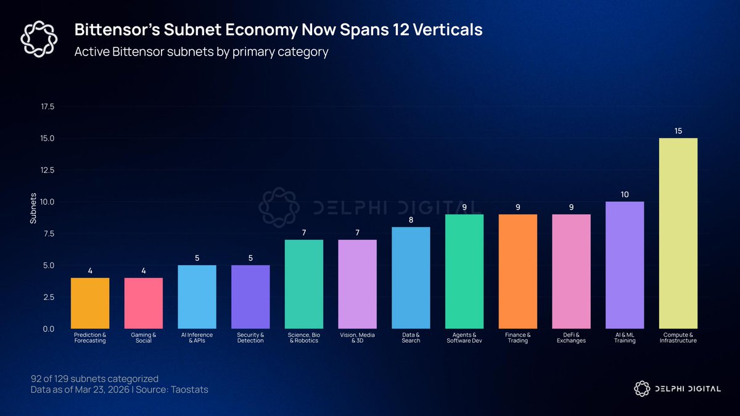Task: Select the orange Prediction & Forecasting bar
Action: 90,303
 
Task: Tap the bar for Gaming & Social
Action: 143,303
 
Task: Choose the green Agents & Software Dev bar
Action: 464,271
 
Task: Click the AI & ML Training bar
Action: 625,265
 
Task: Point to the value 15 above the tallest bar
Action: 678,131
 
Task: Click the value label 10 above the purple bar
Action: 625,194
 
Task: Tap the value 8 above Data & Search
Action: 411,220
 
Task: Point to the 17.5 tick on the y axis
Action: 47,107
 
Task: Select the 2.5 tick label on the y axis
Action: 49,297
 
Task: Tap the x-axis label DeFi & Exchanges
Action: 571,338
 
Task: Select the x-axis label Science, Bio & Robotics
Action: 304,338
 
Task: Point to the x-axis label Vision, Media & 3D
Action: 357,338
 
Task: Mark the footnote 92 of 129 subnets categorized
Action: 94,378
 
